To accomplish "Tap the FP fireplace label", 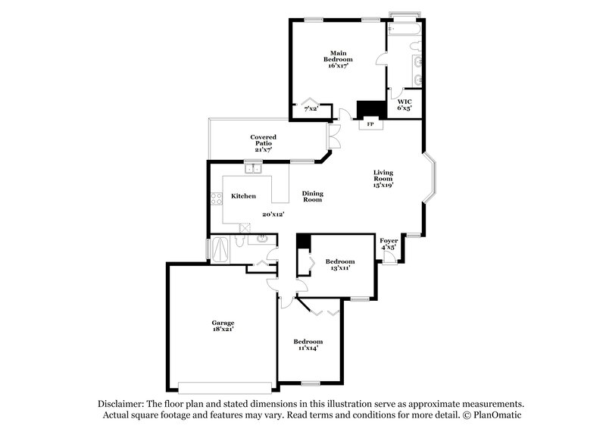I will tap(370, 124).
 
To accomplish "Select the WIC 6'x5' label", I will tap(405, 105).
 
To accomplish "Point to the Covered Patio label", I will tap(263, 143).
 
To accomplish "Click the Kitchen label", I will tap(243, 196).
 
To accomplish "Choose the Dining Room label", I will tap(313, 196).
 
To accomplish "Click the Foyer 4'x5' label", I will tap(389, 243).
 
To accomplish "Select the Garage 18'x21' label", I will tap(222, 327).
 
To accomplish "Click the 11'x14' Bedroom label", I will tap(308, 345).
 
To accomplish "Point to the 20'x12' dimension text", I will tap(272, 215).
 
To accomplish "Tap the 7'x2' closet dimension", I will tap(311, 109).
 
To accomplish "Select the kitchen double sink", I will tap(252, 169).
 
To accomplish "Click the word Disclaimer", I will tap(121, 405).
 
